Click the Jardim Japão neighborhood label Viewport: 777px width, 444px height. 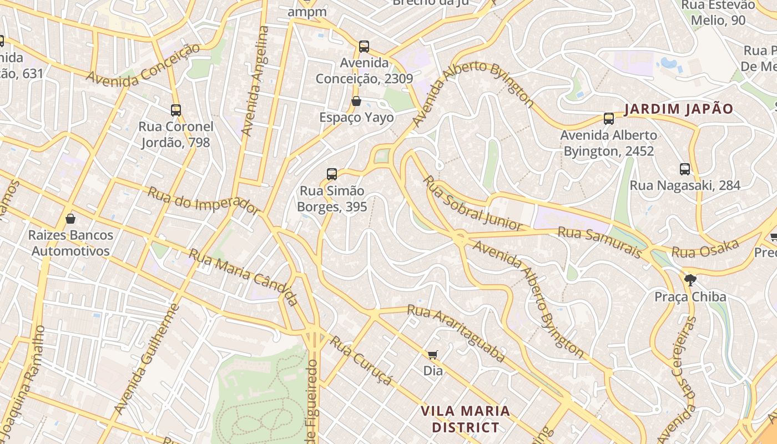[679, 109]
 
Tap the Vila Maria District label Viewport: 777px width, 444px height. [465, 419]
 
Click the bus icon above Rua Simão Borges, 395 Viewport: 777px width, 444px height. [332, 174]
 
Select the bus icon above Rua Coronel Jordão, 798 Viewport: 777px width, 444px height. [176, 110]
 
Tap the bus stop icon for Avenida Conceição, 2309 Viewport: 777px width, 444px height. [364, 47]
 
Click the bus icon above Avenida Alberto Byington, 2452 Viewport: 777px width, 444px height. [609, 118]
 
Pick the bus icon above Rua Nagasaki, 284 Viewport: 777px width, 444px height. [685, 169]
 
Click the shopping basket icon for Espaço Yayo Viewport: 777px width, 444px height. [356, 101]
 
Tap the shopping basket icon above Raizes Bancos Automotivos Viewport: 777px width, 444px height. [70, 219]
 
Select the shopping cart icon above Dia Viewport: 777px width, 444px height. [433, 354]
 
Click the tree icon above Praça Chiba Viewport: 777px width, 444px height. [690, 280]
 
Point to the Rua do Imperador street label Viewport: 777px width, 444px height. [203, 200]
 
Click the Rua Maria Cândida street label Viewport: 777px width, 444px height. [244, 276]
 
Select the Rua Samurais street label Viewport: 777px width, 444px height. [599, 241]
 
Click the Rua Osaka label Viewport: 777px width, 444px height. [705, 249]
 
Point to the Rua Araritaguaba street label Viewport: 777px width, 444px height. [456, 333]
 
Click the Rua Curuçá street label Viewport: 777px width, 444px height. [361, 360]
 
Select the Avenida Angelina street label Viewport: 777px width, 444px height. [255, 81]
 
